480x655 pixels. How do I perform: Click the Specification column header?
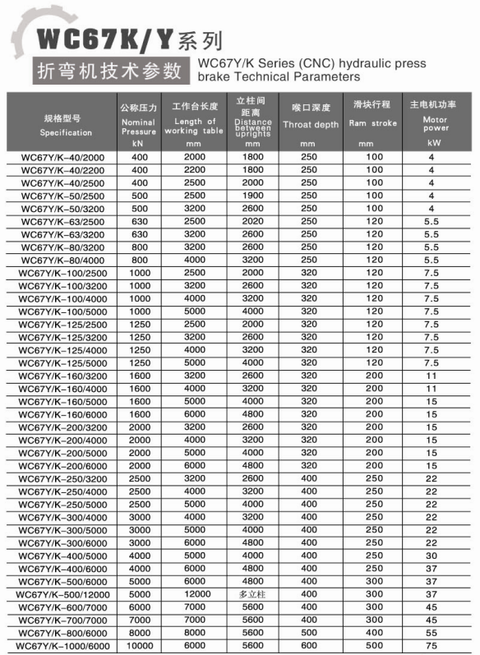66,125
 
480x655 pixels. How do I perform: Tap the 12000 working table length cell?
195,594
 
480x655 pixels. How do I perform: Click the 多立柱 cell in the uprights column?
252,594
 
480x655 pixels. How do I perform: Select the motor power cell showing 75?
432,647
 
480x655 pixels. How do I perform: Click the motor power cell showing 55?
432,634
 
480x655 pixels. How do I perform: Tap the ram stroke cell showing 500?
374,647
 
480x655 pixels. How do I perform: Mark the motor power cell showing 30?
432,555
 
